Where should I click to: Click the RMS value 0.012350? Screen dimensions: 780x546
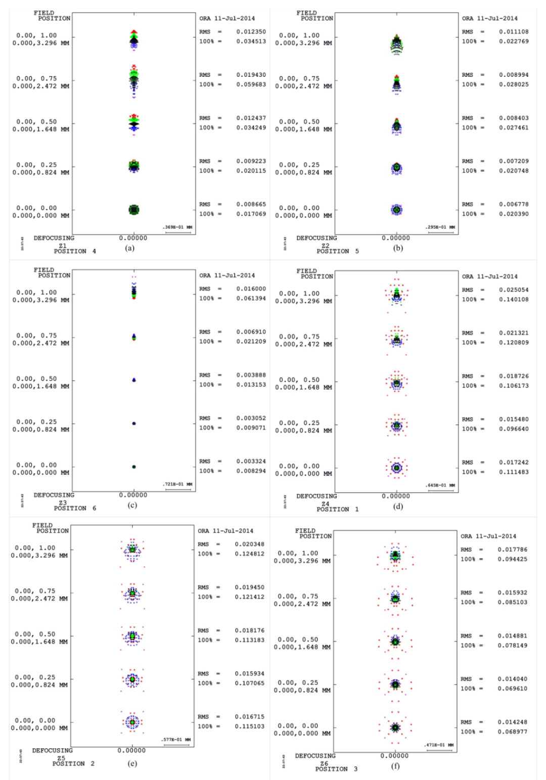pos(251,32)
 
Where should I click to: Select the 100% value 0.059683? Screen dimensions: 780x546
pos(251,84)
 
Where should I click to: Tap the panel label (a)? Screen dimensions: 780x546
pos(130,248)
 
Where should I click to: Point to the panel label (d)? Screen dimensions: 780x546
pos(398,506)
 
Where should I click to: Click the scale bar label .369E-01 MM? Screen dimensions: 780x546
pos(177,227)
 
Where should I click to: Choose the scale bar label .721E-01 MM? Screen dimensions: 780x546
pos(177,484)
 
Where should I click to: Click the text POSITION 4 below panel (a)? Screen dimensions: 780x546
pos(74,251)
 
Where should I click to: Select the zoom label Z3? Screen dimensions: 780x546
pos(63,502)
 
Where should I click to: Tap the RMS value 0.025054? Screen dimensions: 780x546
pos(514,290)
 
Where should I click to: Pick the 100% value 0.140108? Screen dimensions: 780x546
pos(514,300)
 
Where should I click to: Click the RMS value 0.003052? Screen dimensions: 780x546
pos(251,419)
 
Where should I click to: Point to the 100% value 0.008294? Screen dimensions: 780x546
pos(251,471)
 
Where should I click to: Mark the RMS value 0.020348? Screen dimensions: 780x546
pos(249,544)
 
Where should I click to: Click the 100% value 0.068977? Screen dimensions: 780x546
pos(512,732)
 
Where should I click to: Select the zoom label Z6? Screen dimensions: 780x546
pos(324,763)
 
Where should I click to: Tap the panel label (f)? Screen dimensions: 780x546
pos(395,766)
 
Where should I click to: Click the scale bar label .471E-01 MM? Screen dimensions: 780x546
pos(438,745)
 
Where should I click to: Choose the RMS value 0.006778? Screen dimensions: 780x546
pos(514,204)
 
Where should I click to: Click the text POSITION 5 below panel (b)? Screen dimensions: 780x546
pos(337,251)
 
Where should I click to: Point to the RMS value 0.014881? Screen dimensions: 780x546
pos(512,636)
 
